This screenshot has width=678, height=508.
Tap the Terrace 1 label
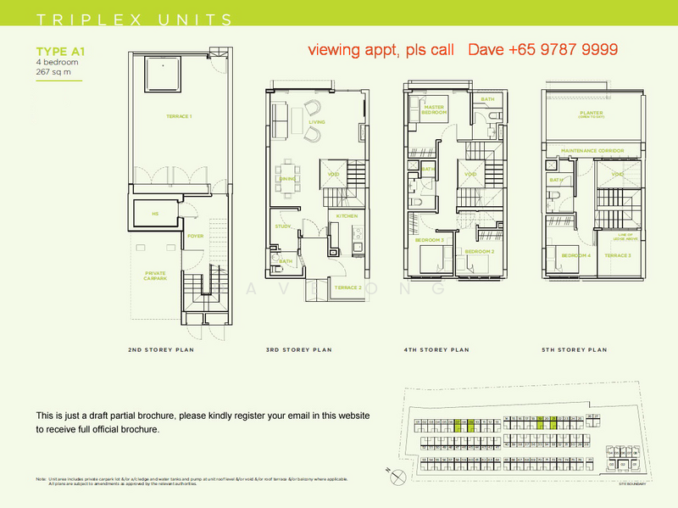179,115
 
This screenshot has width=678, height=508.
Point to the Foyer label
195,236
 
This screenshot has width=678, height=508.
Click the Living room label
316,122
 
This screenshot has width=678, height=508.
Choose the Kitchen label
347,216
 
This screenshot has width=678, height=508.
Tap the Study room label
283,226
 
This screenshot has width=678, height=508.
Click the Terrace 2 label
348,287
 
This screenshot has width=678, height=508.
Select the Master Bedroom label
435,109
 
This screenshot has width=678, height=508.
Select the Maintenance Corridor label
592,151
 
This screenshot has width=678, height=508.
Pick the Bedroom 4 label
575,255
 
